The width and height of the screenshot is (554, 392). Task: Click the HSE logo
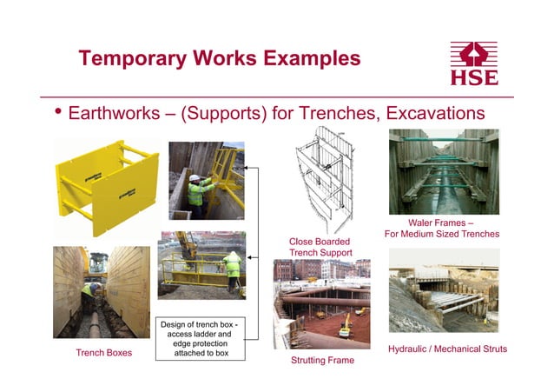tap(474, 63)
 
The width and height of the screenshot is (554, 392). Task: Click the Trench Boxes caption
tap(103, 353)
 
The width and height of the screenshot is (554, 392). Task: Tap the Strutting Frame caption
tap(322, 359)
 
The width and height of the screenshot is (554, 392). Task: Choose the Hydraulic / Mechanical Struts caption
tap(447, 349)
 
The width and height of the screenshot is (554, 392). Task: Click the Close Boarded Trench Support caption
tap(320, 246)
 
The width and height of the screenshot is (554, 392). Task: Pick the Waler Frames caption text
tap(443, 229)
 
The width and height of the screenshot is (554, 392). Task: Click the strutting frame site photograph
tap(321, 303)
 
